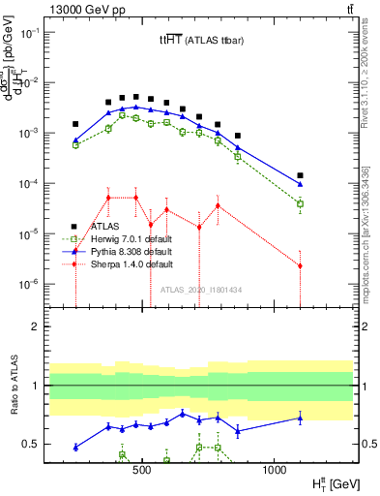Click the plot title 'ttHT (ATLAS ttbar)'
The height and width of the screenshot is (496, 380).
pos(202,41)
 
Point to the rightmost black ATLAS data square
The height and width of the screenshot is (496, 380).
pos(301,175)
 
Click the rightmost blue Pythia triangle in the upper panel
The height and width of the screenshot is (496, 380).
pos(301,183)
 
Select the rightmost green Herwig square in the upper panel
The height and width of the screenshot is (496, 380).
pos(301,203)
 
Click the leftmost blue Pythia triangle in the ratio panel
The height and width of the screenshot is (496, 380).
pos(75,447)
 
